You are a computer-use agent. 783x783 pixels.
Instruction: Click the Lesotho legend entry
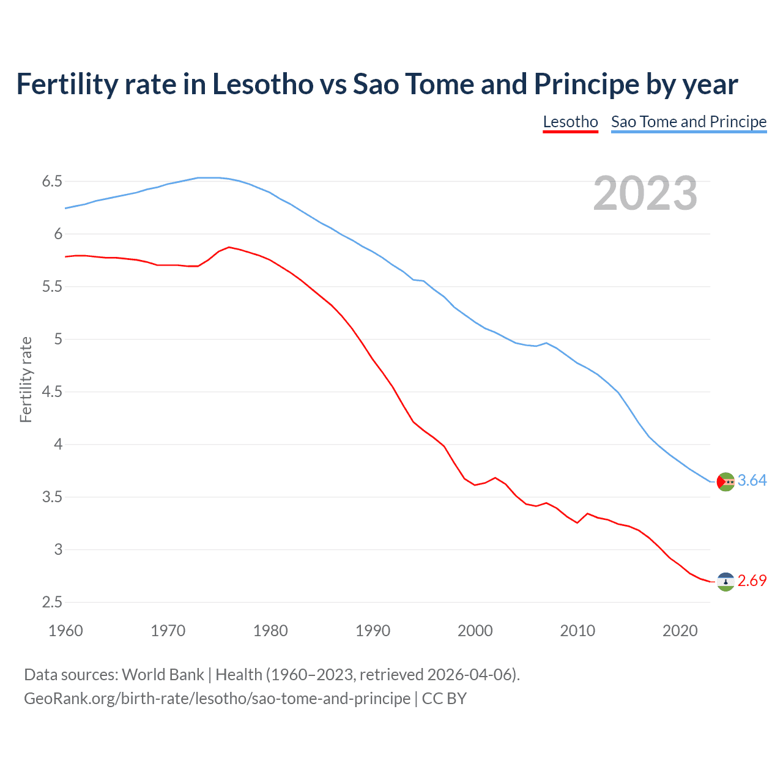(x=570, y=122)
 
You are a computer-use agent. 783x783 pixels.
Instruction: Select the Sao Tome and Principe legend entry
(x=689, y=122)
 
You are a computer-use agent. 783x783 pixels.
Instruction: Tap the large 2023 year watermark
(x=645, y=193)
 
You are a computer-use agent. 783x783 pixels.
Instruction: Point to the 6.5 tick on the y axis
(x=52, y=182)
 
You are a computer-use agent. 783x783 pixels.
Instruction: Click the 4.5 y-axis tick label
(x=52, y=392)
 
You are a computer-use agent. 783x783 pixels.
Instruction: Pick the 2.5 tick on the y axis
(x=52, y=603)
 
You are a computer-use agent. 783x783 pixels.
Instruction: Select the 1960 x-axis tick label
(x=65, y=631)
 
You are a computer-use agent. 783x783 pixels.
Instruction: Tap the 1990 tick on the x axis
(x=373, y=631)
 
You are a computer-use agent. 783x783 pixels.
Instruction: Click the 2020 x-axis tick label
(x=680, y=631)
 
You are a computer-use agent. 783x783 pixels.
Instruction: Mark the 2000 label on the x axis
(x=475, y=631)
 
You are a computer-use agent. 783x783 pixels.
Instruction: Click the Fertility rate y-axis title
(x=26, y=379)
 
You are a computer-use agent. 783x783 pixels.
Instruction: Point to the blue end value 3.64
(x=752, y=481)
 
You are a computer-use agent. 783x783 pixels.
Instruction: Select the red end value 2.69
(x=752, y=581)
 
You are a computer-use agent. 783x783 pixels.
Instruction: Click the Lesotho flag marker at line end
(x=725, y=582)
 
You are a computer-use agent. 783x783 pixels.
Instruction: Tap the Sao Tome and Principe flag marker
(x=725, y=482)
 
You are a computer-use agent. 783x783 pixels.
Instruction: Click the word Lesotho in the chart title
(x=262, y=84)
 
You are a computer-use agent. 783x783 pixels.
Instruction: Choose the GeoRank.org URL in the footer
(x=217, y=699)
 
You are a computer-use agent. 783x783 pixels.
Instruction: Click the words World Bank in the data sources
(x=163, y=675)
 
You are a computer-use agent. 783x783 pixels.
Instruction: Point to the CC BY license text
(x=444, y=699)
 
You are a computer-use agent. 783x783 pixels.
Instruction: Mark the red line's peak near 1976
(x=229, y=247)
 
